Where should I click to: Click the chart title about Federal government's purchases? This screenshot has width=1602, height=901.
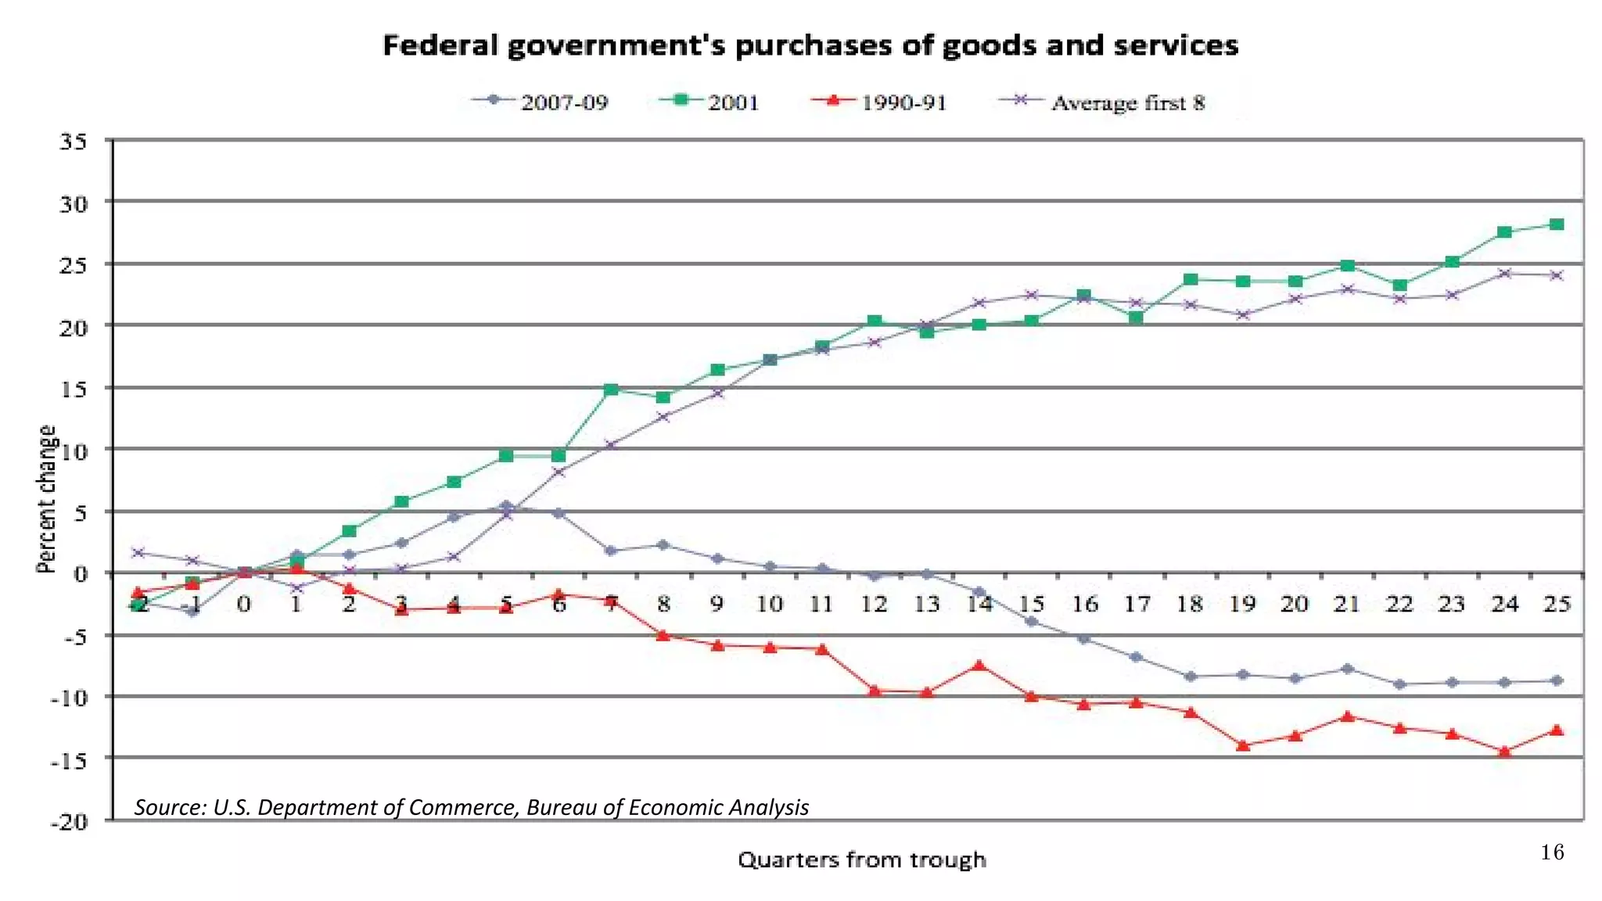click(x=810, y=45)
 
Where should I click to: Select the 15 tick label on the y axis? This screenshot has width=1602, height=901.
click(x=73, y=389)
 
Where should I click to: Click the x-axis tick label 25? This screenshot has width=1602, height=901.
click(x=1557, y=604)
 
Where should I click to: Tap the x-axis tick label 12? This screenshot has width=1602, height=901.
click(x=875, y=604)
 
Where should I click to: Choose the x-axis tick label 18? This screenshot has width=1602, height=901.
click(x=1190, y=604)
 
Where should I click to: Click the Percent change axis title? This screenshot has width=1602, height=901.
click(x=47, y=499)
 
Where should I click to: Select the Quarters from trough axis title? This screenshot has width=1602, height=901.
click(x=862, y=860)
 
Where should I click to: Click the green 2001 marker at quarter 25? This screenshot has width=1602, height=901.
click(x=1557, y=224)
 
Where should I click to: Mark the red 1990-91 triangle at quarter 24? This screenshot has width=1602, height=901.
click(x=1504, y=752)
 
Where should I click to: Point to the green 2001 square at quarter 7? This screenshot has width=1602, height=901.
click(x=611, y=389)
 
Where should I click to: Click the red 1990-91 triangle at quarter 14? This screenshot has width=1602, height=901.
click(x=979, y=666)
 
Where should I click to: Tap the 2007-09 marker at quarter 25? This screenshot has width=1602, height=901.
click(x=1557, y=680)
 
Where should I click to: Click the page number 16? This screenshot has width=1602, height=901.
click(x=1552, y=853)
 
